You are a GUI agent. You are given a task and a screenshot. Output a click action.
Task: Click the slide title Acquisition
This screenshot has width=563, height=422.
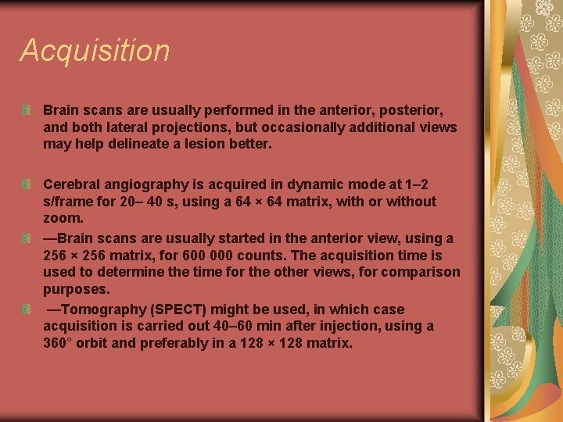coord(95,50)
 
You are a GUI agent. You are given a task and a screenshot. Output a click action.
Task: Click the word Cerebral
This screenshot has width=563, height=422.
coord(72,184)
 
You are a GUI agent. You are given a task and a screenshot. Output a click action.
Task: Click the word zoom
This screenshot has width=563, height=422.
coord(61,219)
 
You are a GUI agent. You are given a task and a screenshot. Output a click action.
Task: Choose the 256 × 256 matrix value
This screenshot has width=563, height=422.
coord(76,256)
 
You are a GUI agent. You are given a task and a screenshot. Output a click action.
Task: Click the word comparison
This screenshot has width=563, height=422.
coord(421,273)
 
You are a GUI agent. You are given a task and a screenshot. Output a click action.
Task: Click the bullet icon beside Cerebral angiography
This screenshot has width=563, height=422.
coord(27,184)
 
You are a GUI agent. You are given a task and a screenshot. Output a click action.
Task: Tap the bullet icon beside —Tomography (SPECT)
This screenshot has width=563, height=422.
coord(27,309)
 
